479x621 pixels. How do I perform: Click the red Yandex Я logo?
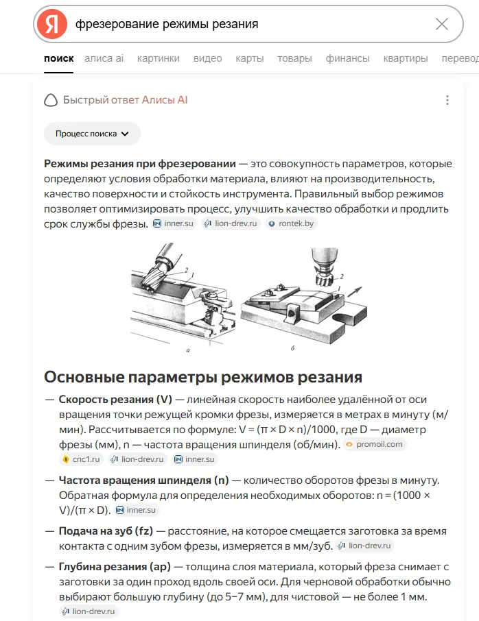52,24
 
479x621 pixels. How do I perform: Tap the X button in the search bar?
442,24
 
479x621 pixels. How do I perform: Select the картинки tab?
159,59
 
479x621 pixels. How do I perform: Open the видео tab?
207,59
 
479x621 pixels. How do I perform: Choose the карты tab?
249,59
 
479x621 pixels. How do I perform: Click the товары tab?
294,59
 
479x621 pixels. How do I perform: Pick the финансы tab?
347,59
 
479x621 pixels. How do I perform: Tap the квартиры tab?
406,59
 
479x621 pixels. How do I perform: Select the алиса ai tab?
104,59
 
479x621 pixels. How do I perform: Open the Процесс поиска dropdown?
92,134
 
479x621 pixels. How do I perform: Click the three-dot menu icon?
447,100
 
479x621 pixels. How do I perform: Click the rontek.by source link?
292,223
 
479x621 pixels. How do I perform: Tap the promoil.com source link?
375,444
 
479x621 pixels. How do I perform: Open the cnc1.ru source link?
82,459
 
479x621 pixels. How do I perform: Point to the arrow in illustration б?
355,291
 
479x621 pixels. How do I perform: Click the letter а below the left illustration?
188,350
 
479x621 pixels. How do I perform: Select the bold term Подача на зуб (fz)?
106,531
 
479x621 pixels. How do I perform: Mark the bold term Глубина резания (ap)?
115,567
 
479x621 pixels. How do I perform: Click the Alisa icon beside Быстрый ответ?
51,100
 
